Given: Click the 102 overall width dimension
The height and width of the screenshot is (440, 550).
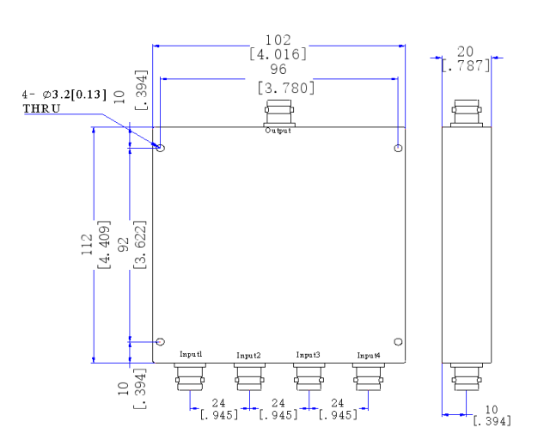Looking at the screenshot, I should coord(278,40).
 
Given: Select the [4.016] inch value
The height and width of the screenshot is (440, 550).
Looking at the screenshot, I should coord(278,54).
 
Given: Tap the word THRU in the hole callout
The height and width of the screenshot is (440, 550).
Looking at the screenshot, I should coord(42,109).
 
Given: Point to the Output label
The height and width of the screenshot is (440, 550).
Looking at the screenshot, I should coord(278,131).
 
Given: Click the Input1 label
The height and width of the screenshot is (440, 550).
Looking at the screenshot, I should coord(191,354).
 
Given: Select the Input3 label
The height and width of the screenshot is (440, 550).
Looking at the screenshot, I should coord(309,354).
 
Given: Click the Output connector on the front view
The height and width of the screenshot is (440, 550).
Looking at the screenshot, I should coord(278,113).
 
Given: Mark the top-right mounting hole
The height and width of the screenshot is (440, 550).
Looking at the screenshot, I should coord(397,149).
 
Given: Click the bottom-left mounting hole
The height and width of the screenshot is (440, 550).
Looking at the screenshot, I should coord(161,341).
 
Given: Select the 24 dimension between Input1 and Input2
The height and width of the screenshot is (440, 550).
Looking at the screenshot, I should coord(220,401).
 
